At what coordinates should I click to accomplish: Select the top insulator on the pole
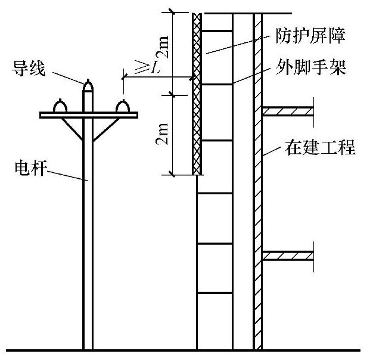point(88,86)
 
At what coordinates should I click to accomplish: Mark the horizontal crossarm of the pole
point(88,114)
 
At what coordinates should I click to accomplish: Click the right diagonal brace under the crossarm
point(104,128)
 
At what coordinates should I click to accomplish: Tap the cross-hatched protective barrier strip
point(197,95)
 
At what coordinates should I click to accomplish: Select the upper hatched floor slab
point(288,110)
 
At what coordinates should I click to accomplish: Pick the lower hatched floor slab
point(288,256)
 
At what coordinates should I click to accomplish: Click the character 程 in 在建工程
point(347,147)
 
